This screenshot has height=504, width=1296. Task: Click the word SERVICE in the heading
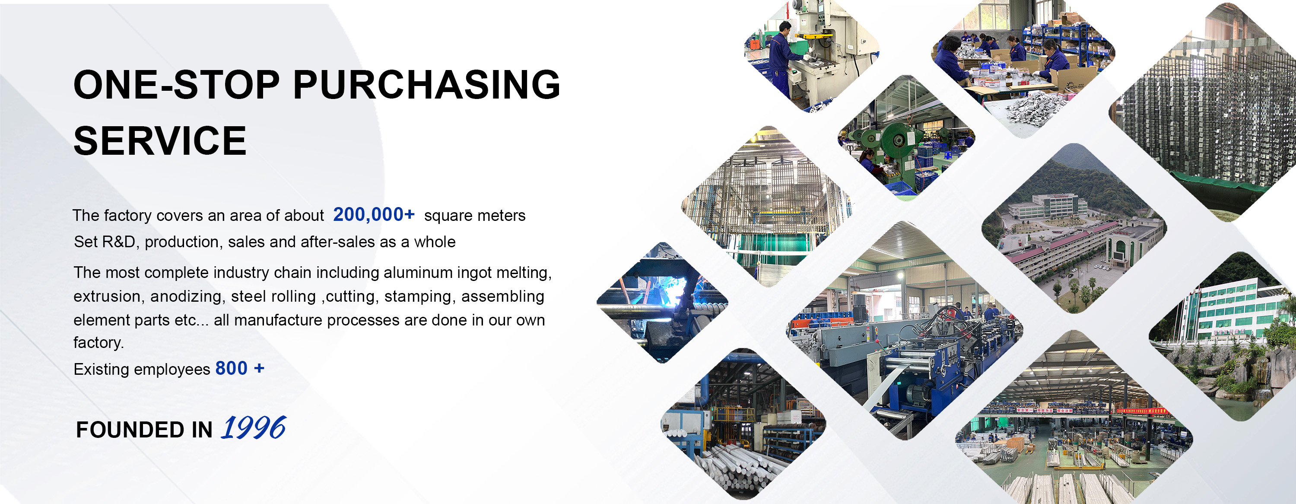pyautogui.click(x=160, y=141)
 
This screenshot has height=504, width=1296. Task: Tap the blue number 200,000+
pyautogui.click(x=373, y=214)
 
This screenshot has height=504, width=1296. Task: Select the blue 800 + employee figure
pyautogui.click(x=239, y=369)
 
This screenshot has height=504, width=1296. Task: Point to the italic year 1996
pyautogui.click(x=254, y=428)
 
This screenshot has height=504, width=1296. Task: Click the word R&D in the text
pyautogui.click(x=119, y=242)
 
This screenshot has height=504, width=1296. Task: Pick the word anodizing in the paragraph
pyautogui.click(x=186, y=297)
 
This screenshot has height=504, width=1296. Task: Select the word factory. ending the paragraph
pyautogui.click(x=98, y=343)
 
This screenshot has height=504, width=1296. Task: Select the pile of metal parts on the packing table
pyautogui.click(x=1036, y=106)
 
